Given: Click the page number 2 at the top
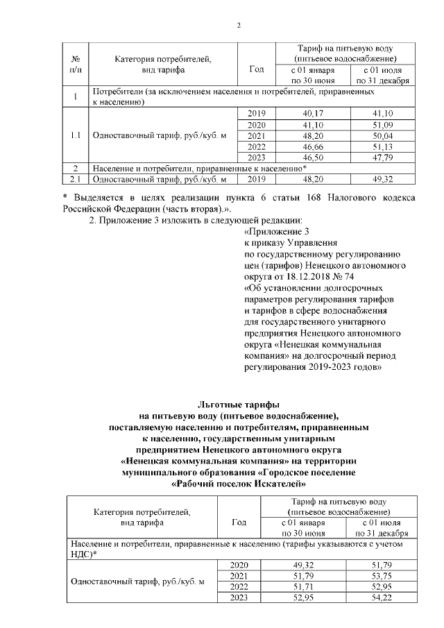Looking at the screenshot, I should point(238,26).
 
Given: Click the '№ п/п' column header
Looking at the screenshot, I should point(74,64).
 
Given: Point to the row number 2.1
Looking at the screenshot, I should point(74,179).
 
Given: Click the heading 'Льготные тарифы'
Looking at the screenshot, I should point(238,404).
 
